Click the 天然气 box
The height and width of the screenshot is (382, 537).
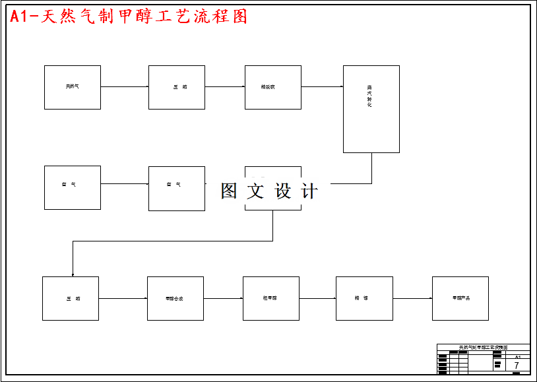click(73, 87)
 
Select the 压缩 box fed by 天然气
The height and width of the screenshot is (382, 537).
click(177, 87)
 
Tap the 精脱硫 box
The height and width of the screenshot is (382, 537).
click(273, 87)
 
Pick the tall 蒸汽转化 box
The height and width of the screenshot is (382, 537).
click(371, 109)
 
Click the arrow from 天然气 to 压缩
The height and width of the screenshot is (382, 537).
click(125, 86)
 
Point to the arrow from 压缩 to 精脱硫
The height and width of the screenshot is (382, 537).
click(225, 86)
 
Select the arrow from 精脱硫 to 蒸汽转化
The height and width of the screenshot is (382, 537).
click(323, 86)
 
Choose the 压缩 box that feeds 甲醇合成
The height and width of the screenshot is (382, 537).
click(71, 298)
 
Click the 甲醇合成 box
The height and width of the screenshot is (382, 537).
click(175, 298)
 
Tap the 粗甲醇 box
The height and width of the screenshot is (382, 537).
click(271, 298)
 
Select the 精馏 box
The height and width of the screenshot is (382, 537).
click(364, 298)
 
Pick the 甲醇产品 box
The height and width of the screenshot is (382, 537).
click(460, 298)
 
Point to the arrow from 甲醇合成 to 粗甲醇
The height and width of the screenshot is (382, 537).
click(224, 298)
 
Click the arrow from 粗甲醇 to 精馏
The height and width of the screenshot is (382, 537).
click(318, 298)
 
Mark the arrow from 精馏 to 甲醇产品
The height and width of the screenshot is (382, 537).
click(413, 298)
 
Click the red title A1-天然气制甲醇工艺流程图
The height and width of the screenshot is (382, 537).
click(129, 17)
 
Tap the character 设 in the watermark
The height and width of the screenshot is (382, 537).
click(283, 191)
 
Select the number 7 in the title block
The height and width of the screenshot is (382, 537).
click(517, 366)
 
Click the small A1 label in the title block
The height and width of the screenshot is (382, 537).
click(517, 356)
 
